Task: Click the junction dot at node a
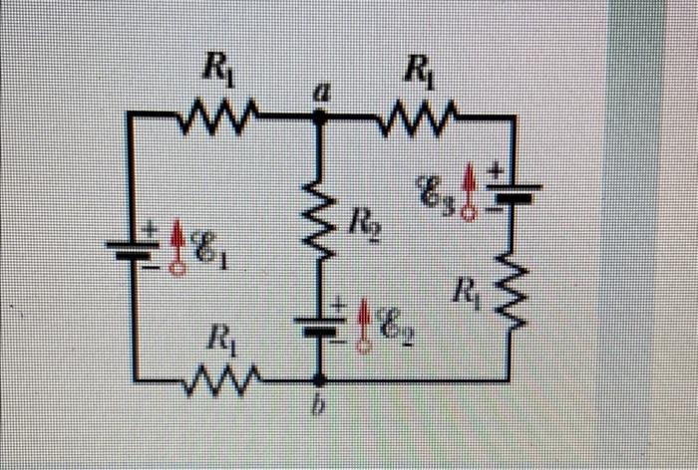point(320,116)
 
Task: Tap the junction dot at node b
point(320,380)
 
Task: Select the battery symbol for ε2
point(320,323)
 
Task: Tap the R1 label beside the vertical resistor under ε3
point(465,294)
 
